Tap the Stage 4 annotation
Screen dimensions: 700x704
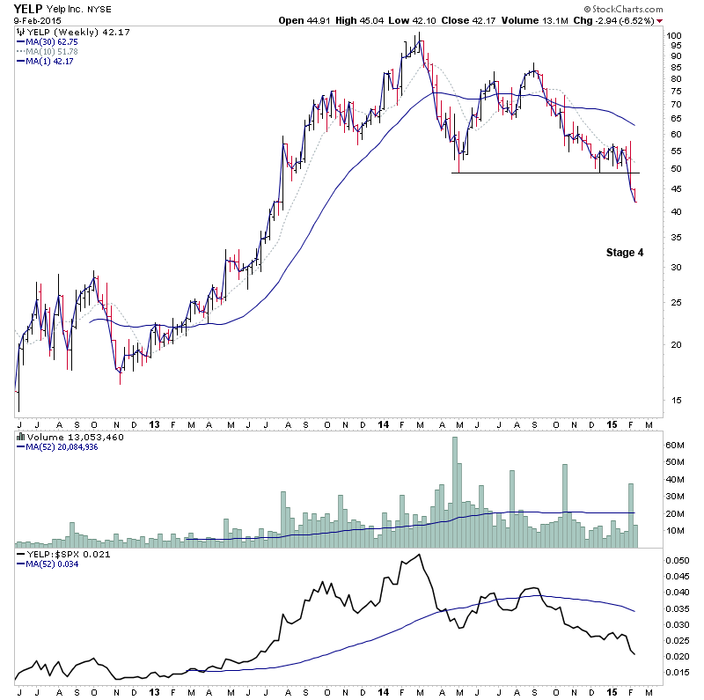tap(625, 253)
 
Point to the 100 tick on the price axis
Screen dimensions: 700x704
tap(674, 36)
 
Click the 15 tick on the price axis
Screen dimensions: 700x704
tap(673, 400)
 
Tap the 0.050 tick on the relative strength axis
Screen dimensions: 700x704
tap(677, 560)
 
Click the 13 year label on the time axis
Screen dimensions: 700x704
tap(155, 424)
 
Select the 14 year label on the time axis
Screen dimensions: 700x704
tap(383, 424)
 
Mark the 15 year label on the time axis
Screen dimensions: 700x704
tap(613, 424)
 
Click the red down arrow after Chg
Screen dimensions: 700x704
tap(659, 20)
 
